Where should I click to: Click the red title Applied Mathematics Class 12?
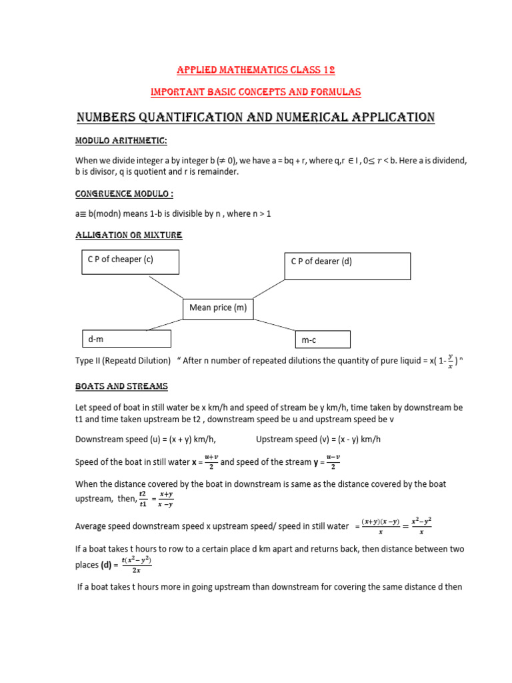point(255,70)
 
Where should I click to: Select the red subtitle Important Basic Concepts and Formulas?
point(255,91)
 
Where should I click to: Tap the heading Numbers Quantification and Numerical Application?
point(255,118)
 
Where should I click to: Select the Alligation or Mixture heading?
point(129,235)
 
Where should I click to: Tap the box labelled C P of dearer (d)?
point(347,266)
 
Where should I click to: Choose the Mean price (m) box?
point(218,308)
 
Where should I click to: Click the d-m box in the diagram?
point(126,339)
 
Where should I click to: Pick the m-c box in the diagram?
point(323,340)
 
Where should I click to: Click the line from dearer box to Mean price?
point(269,289)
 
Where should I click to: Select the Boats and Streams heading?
point(121,386)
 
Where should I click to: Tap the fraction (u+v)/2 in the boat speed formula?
point(212,462)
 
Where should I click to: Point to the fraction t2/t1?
point(142,499)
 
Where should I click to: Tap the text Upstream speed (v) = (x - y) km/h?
point(318,439)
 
